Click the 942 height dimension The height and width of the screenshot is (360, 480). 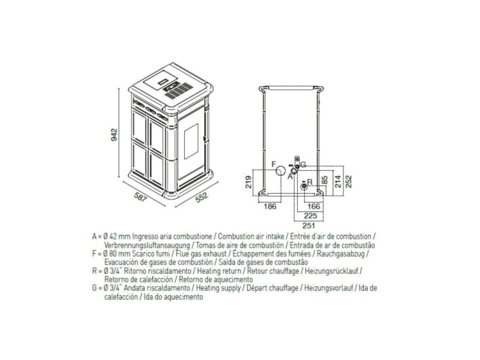[x=114, y=135]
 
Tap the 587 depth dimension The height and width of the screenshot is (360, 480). [x=141, y=197]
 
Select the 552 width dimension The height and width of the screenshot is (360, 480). [x=202, y=197]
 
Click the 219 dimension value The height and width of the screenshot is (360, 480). [x=249, y=182]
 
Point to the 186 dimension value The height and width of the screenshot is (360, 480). [x=270, y=206]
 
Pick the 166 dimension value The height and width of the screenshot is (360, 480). [x=314, y=206]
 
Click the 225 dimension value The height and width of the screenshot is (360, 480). [x=311, y=216]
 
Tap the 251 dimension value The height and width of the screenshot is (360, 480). [x=309, y=226]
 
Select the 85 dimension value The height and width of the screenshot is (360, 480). [x=325, y=180]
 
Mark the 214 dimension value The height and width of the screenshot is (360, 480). [x=337, y=181]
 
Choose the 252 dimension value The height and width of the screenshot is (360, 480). [x=348, y=181]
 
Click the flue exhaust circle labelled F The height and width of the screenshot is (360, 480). [x=280, y=171]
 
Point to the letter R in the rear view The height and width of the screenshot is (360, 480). [x=310, y=182]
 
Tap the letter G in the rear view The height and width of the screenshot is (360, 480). [x=303, y=165]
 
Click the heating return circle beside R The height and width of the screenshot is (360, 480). [x=304, y=186]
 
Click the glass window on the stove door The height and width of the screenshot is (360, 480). [x=191, y=141]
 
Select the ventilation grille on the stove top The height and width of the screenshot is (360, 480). [x=178, y=90]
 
